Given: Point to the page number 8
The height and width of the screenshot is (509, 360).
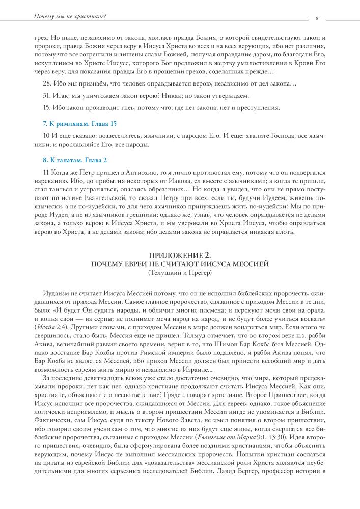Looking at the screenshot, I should click(x=317, y=18).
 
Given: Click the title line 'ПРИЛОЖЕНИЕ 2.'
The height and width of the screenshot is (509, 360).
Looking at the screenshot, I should click(x=180, y=254).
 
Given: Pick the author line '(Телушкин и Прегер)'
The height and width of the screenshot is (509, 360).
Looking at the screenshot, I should click(x=180, y=273).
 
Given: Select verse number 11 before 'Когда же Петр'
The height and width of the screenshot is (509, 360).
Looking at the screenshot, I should click(x=46, y=173).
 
